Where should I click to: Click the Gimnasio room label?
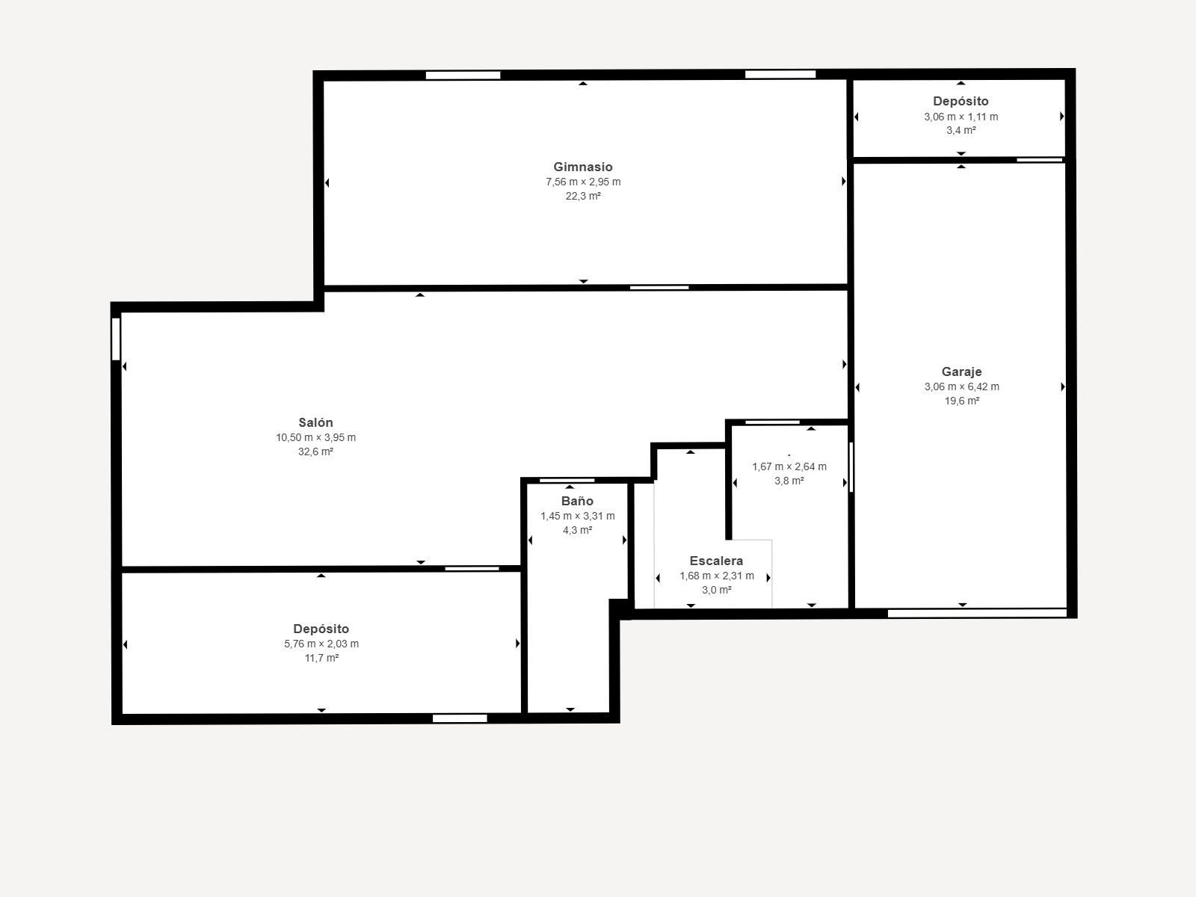pos(582,167)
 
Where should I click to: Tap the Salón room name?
pos(315,422)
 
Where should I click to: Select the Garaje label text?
pos(962,372)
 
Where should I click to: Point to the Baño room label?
pos(577,501)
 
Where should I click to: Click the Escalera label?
pos(716,561)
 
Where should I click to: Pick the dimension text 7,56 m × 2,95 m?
pos(583,182)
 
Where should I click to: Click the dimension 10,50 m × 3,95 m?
pos(315,437)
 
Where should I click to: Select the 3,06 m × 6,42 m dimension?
pos(962,386)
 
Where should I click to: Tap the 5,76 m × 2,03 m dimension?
pos(321,644)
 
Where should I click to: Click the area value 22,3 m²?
pos(583,196)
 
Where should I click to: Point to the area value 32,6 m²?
pos(315,451)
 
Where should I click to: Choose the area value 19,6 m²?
pos(962,401)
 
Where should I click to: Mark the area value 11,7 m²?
pos(321,658)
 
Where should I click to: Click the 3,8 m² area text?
pos(789,481)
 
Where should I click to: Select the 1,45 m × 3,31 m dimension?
pos(578,516)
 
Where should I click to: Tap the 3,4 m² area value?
pos(961,130)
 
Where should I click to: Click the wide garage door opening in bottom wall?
pos(977,613)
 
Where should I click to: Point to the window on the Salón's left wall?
pos(116,339)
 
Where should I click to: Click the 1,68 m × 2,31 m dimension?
pos(717,576)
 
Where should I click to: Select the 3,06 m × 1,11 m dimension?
pos(961,117)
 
